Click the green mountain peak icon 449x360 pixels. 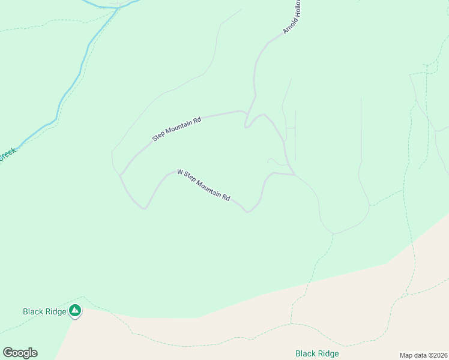[x=75, y=310]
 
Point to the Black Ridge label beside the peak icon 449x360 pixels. [x=44, y=311]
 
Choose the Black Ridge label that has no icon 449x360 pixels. [x=317, y=353]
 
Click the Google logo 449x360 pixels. [x=20, y=353]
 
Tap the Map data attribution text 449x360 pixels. [x=423, y=355]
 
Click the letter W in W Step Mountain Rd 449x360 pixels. [x=179, y=172]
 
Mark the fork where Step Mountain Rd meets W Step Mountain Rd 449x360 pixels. [x=121, y=175]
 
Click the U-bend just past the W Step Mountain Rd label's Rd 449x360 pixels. [x=247, y=211]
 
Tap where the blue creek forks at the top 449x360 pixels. [x=119, y=7]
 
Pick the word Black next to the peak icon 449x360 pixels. [x=33, y=311]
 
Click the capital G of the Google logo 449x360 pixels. [x=8, y=353]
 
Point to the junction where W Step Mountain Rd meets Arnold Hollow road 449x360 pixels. [x=294, y=175]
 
